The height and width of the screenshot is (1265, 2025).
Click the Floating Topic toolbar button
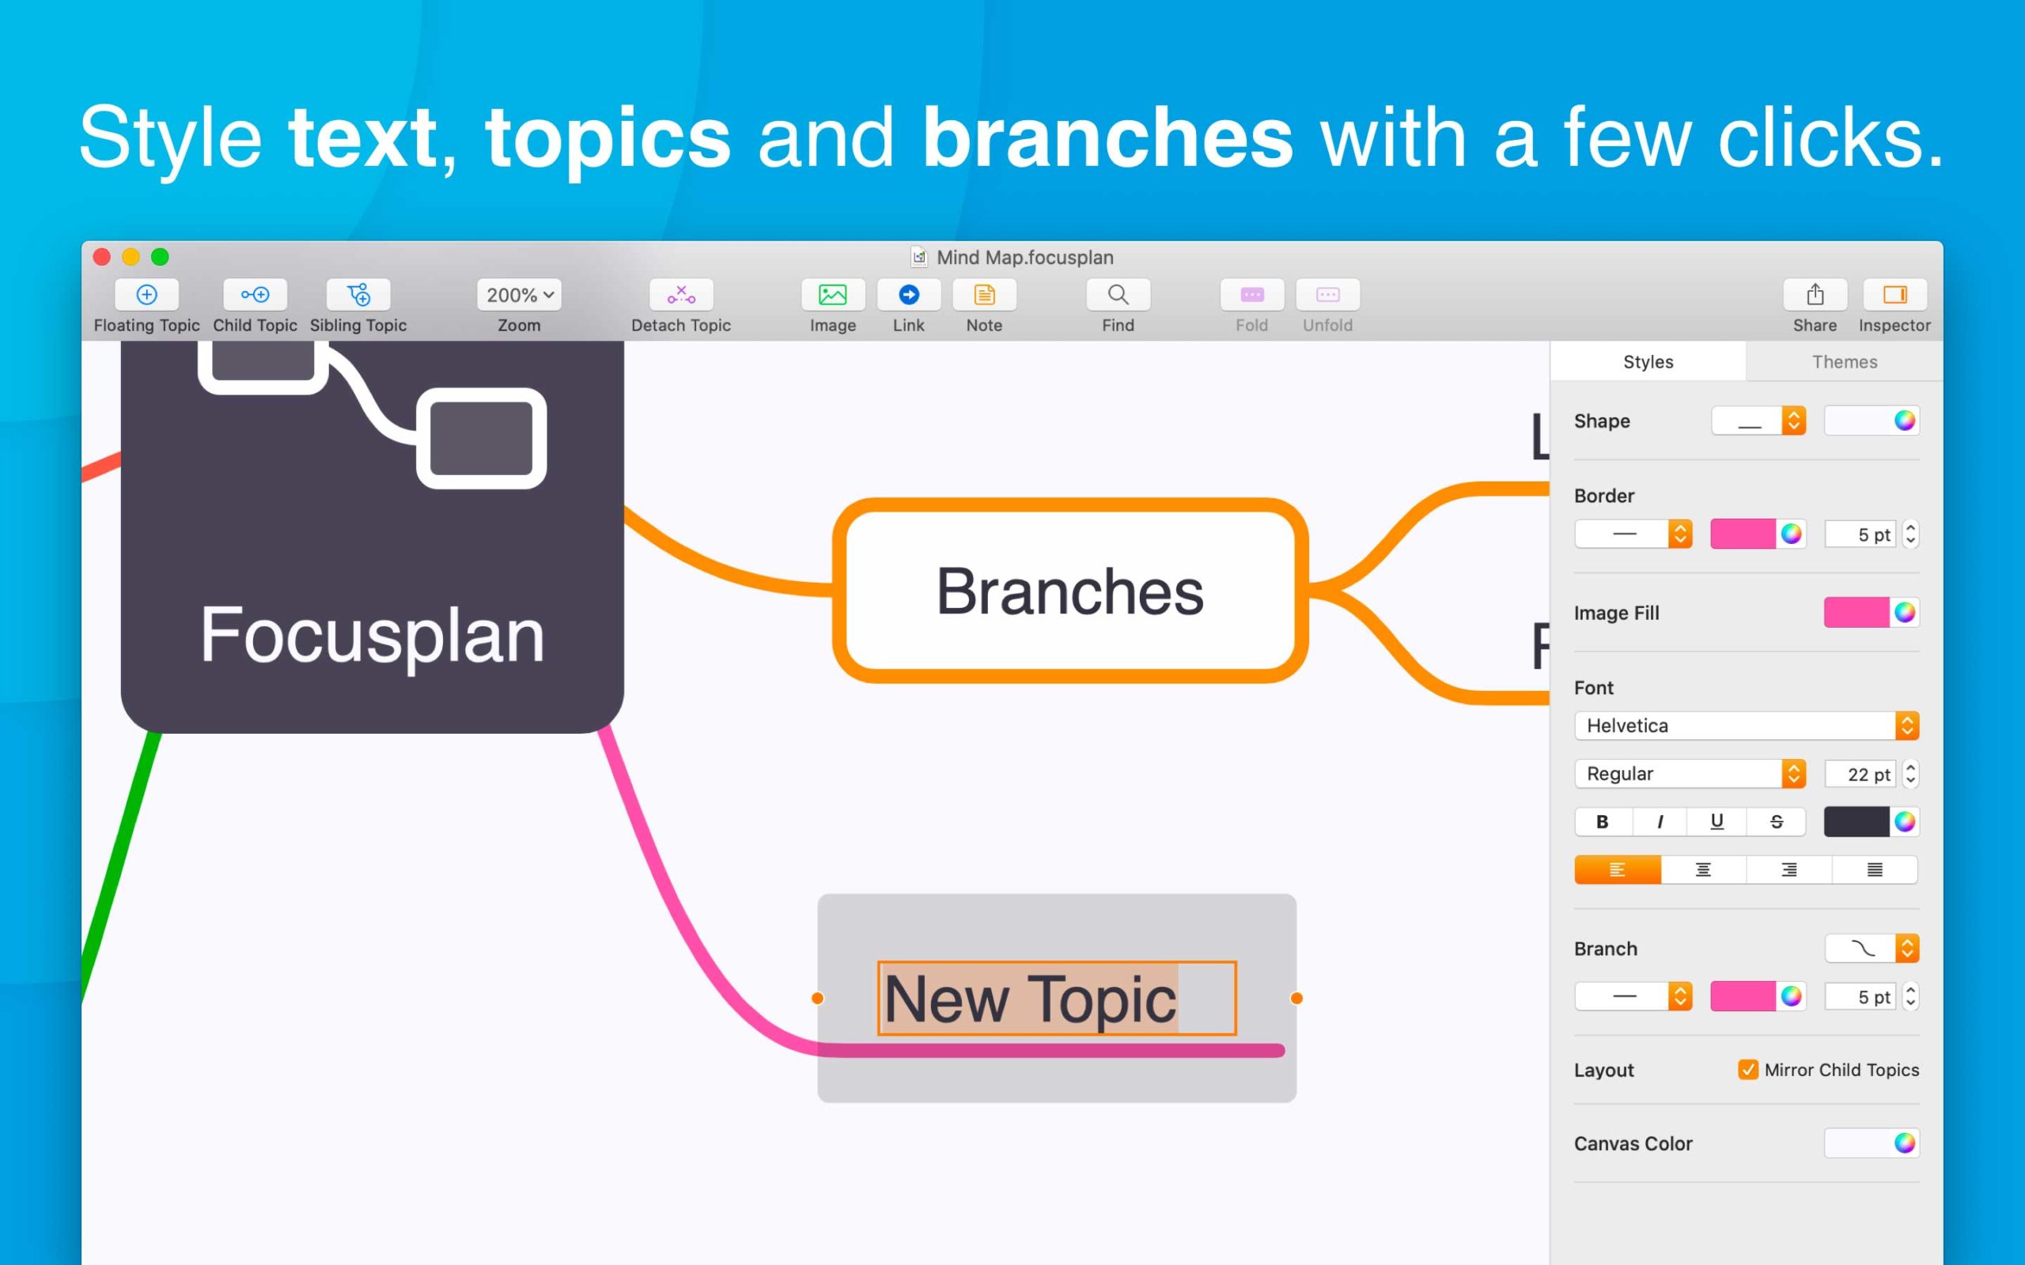coord(146,294)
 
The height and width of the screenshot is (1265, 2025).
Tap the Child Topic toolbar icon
coord(255,294)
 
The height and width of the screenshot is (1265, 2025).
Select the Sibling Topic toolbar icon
coord(358,294)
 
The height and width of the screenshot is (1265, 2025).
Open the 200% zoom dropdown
coord(519,294)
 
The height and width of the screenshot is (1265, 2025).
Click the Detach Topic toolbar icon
coord(681,294)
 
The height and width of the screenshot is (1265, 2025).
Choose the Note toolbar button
coord(984,294)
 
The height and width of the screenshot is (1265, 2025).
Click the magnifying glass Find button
coord(1118,294)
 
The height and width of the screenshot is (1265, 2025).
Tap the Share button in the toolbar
coord(1815,294)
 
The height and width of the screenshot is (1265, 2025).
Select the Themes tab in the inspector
coord(1845,361)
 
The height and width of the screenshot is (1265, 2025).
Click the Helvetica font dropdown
coord(1747,725)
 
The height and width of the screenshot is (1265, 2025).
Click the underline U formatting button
coord(1717,821)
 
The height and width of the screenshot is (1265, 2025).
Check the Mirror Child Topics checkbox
coord(1748,1069)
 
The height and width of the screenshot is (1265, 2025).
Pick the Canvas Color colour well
coord(1872,1143)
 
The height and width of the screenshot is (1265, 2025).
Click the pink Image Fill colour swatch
coord(1856,613)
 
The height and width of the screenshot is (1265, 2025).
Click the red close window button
coord(102,257)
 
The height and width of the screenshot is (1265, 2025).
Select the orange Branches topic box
coord(1070,591)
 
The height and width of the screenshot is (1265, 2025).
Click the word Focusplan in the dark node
coord(372,636)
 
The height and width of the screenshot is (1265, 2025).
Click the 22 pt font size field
coord(1861,774)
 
